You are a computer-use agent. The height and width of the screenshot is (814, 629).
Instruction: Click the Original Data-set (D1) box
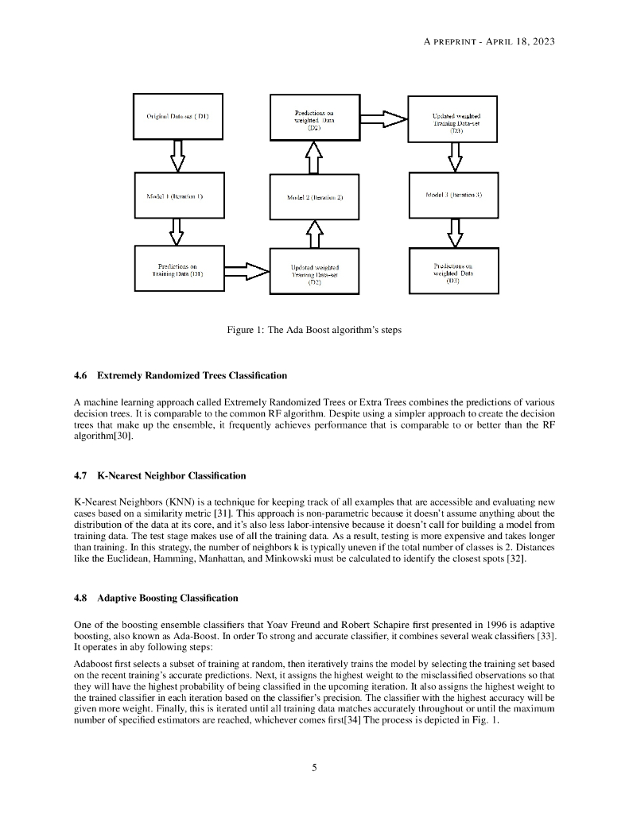(177, 116)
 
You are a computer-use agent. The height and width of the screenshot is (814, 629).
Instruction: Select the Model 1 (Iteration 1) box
(177, 194)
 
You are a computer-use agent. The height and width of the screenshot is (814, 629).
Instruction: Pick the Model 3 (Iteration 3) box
(452, 194)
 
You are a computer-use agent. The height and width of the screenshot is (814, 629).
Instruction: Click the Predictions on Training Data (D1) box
(177, 270)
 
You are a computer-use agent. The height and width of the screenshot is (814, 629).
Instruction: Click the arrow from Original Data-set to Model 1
(177, 155)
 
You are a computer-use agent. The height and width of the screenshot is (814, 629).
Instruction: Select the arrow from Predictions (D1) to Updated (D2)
(244, 272)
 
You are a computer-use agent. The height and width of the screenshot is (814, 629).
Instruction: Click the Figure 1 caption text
(314, 330)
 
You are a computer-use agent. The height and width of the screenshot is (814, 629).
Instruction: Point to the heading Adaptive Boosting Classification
(167, 597)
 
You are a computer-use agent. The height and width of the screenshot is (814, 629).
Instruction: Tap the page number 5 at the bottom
(314, 767)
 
